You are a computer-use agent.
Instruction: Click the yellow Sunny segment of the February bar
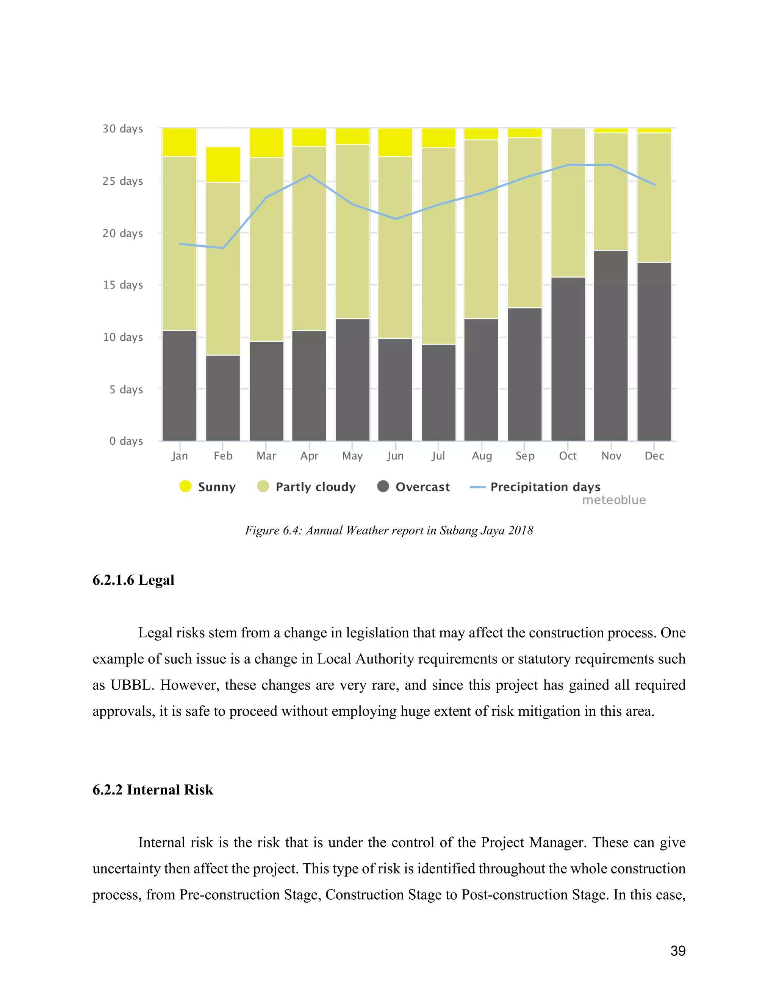223,164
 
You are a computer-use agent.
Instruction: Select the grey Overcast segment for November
610,345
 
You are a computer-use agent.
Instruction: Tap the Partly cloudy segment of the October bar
568,202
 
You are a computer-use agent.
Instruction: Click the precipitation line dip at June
395,219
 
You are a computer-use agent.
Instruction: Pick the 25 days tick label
123,181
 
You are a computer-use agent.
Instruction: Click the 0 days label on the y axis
126,441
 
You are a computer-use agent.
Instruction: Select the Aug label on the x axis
482,456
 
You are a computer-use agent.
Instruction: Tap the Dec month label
654,456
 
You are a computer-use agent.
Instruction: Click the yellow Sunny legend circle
185,486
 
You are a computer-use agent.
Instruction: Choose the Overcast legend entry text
422,487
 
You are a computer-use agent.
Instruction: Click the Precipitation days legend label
545,487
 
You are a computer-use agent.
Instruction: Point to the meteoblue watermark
614,500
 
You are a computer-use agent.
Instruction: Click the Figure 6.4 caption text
389,530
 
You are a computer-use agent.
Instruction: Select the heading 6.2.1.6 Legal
133,580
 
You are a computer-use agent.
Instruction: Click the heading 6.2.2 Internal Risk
153,790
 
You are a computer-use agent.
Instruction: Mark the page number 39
677,951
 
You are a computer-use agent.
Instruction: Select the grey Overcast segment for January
179,386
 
